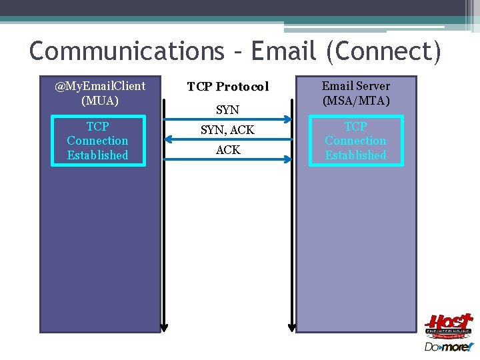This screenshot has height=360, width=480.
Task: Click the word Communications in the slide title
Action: [x=127, y=51]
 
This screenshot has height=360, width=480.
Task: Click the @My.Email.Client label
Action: [x=100, y=86]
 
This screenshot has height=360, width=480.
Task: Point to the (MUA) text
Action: [x=100, y=101]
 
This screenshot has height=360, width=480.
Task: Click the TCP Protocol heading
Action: [x=228, y=87]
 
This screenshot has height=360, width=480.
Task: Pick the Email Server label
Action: [x=355, y=86]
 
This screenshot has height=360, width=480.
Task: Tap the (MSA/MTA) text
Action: [x=355, y=101]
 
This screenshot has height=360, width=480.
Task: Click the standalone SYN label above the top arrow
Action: [x=228, y=109]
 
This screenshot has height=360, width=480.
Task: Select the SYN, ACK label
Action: [x=228, y=130]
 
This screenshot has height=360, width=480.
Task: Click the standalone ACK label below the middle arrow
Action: [x=228, y=151]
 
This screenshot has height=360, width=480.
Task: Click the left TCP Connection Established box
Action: [x=97, y=141]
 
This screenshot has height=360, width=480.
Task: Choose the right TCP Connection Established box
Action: [x=355, y=141]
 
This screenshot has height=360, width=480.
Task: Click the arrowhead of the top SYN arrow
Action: [x=287, y=120]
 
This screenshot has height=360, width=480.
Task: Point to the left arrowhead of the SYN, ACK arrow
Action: [x=169, y=139]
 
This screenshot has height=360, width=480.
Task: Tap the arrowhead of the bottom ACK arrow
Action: [x=287, y=159]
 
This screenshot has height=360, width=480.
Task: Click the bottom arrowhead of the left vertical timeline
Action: [x=164, y=327]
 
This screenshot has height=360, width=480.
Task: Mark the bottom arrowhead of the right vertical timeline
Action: [x=292, y=327]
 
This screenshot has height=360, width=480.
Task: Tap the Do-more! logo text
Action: [x=448, y=347]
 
